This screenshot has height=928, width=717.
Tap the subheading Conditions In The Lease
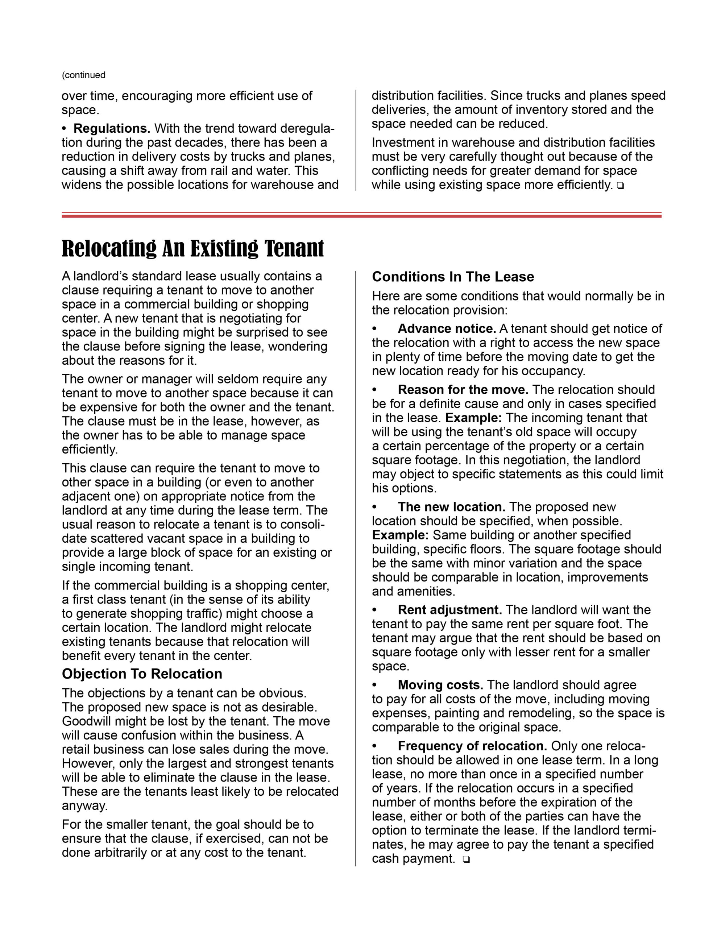tap(453, 277)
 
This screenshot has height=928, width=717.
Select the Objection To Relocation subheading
tap(142, 674)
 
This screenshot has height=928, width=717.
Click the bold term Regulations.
tap(112, 128)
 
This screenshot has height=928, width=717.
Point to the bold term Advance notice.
tap(447, 328)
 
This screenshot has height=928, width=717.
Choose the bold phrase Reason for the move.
tap(463, 390)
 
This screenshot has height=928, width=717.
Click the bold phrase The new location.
tap(451, 507)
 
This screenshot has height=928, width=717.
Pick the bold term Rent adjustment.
tap(450, 610)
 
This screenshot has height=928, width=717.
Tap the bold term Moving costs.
tap(440, 685)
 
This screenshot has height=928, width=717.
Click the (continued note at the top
tap(84, 75)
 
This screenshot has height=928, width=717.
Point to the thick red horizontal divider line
tap(361, 216)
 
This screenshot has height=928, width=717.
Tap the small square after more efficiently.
tap(621, 186)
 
